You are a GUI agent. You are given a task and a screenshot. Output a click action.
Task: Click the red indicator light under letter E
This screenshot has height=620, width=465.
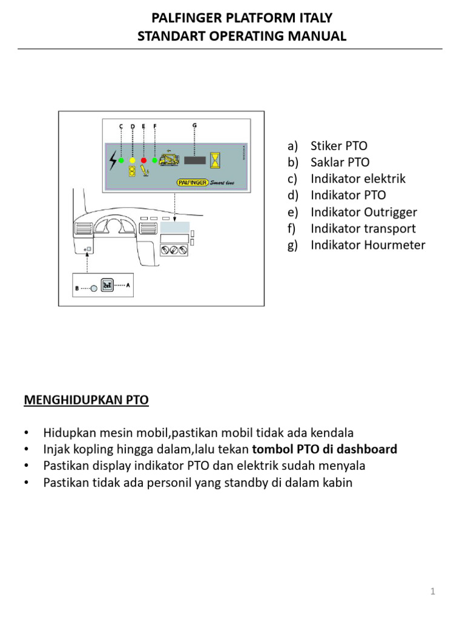point(143,160)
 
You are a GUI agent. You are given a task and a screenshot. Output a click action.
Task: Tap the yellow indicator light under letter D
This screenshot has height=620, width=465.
point(133,160)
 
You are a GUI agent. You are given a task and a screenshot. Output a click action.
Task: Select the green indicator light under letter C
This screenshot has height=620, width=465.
point(121,160)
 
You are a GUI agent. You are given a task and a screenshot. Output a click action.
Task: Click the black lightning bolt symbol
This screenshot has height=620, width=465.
point(113,160)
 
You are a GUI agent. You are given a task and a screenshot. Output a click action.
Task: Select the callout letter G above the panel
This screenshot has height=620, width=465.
point(194,125)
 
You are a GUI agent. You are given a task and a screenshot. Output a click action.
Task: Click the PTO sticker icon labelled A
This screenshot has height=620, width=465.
point(108,286)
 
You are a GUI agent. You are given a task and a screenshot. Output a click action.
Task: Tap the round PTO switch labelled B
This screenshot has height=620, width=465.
point(94,289)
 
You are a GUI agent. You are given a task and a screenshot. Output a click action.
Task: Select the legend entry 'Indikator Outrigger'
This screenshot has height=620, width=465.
point(363,212)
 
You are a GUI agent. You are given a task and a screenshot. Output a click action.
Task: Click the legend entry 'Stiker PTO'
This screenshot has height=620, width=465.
point(338,146)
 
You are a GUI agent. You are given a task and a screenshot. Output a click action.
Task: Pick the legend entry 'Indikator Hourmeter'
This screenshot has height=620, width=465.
point(368,245)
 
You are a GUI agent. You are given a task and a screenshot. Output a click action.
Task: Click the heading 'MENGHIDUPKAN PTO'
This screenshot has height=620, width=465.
point(86,400)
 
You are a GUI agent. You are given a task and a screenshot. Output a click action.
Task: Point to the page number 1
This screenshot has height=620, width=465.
point(433,592)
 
